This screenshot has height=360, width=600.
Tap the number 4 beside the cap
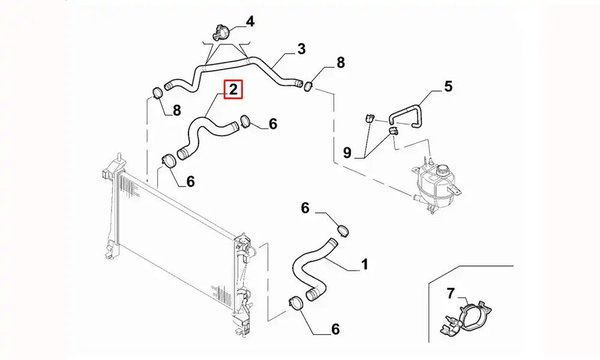[250, 22]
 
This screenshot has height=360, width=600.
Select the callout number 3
[301, 49]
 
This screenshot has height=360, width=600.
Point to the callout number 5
[448, 87]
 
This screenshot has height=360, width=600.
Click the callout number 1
[364, 264]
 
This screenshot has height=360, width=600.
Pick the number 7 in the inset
[452, 293]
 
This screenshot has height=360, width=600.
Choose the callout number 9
[347, 153]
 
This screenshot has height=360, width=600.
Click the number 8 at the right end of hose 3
[340, 62]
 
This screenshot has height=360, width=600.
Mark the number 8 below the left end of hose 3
[176, 110]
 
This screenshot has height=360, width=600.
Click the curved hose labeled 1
[310, 270]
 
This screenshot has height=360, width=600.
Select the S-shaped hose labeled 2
[204, 134]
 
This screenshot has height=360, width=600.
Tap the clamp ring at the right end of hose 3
[308, 86]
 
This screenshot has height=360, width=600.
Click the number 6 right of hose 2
[272, 124]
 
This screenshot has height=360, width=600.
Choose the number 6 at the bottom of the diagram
[335, 329]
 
